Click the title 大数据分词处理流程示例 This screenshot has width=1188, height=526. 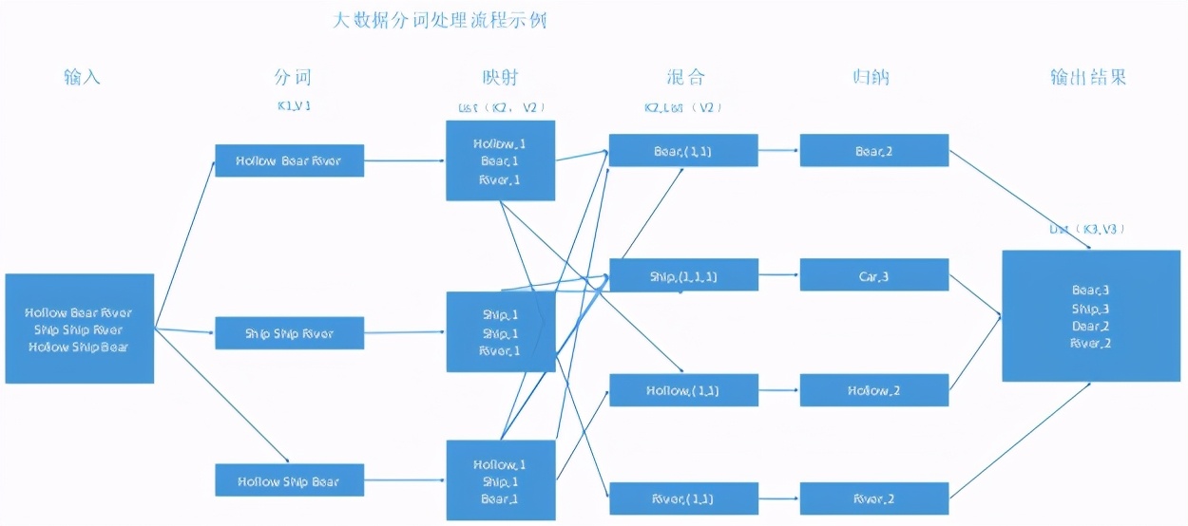440,19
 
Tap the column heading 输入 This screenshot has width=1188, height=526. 82,77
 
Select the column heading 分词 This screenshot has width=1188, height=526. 292,77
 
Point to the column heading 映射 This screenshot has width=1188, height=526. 501,77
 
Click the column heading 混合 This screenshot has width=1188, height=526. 685,77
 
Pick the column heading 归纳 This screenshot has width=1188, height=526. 871,77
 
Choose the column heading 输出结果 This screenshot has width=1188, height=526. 1088,77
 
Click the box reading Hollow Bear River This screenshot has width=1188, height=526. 289,160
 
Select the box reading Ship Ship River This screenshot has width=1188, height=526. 289,333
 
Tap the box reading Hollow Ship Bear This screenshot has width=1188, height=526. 289,480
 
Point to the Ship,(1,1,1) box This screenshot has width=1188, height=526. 683,275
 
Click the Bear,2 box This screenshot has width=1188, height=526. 873,151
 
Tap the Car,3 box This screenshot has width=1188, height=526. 873,275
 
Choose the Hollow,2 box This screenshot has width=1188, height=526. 873,390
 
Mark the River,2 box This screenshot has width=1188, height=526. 873,498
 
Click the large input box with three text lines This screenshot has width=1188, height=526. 79,329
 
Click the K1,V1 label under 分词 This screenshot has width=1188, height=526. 293,106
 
